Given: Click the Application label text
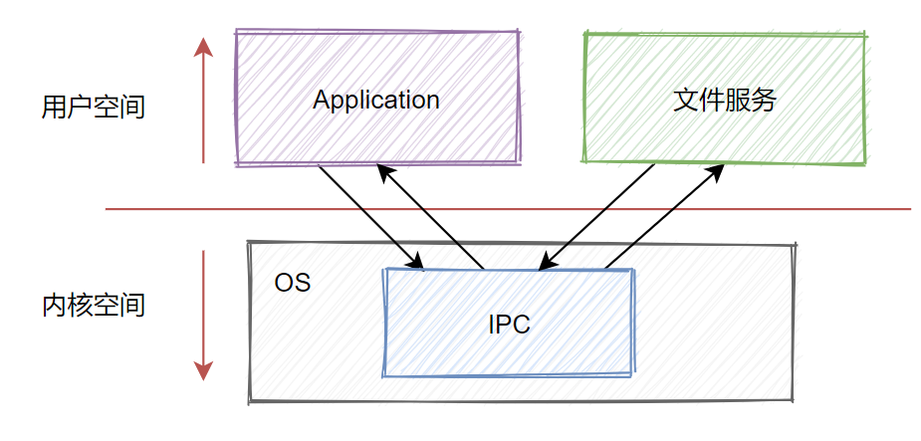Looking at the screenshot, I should pyautogui.click(x=375, y=100).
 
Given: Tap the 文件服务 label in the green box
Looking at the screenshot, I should pyautogui.click(x=724, y=100).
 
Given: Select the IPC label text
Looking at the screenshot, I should pyautogui.click(x=509, y=325).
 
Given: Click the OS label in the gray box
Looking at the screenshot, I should pyautogui.click(x=292, y=283).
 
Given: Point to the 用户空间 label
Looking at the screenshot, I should pyautogui.click(x=94, y=107).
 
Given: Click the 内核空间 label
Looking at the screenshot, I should pyautogui.click(x=94, y=305).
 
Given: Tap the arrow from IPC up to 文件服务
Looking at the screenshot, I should pyautogui.click(x=662, y=218).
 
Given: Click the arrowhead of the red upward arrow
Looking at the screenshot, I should pyautogui.click(x=203, y=48).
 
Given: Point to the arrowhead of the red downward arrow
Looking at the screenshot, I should pyautogui.click(x=203, y=370).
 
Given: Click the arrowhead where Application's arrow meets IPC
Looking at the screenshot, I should pyautogui.click(x=417, y=263).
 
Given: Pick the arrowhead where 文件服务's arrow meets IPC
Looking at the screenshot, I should pyautogui.click(x=545, y=263).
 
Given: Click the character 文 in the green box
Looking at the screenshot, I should pyautogui.click(x=685, y=100).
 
